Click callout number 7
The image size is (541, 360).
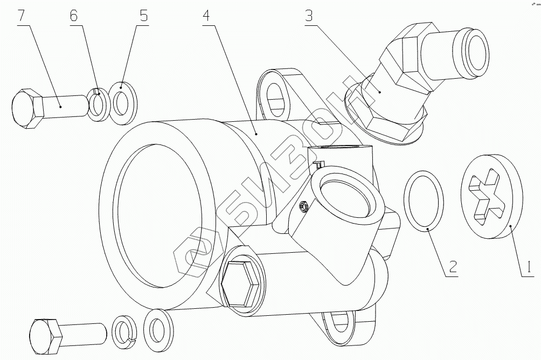point(21,16)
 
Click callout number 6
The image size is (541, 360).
point(74,16)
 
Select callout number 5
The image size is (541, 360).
point(143,16)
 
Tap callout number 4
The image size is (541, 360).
point(207,16)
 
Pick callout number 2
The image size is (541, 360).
point(453,266)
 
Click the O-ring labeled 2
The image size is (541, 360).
point(424,201)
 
